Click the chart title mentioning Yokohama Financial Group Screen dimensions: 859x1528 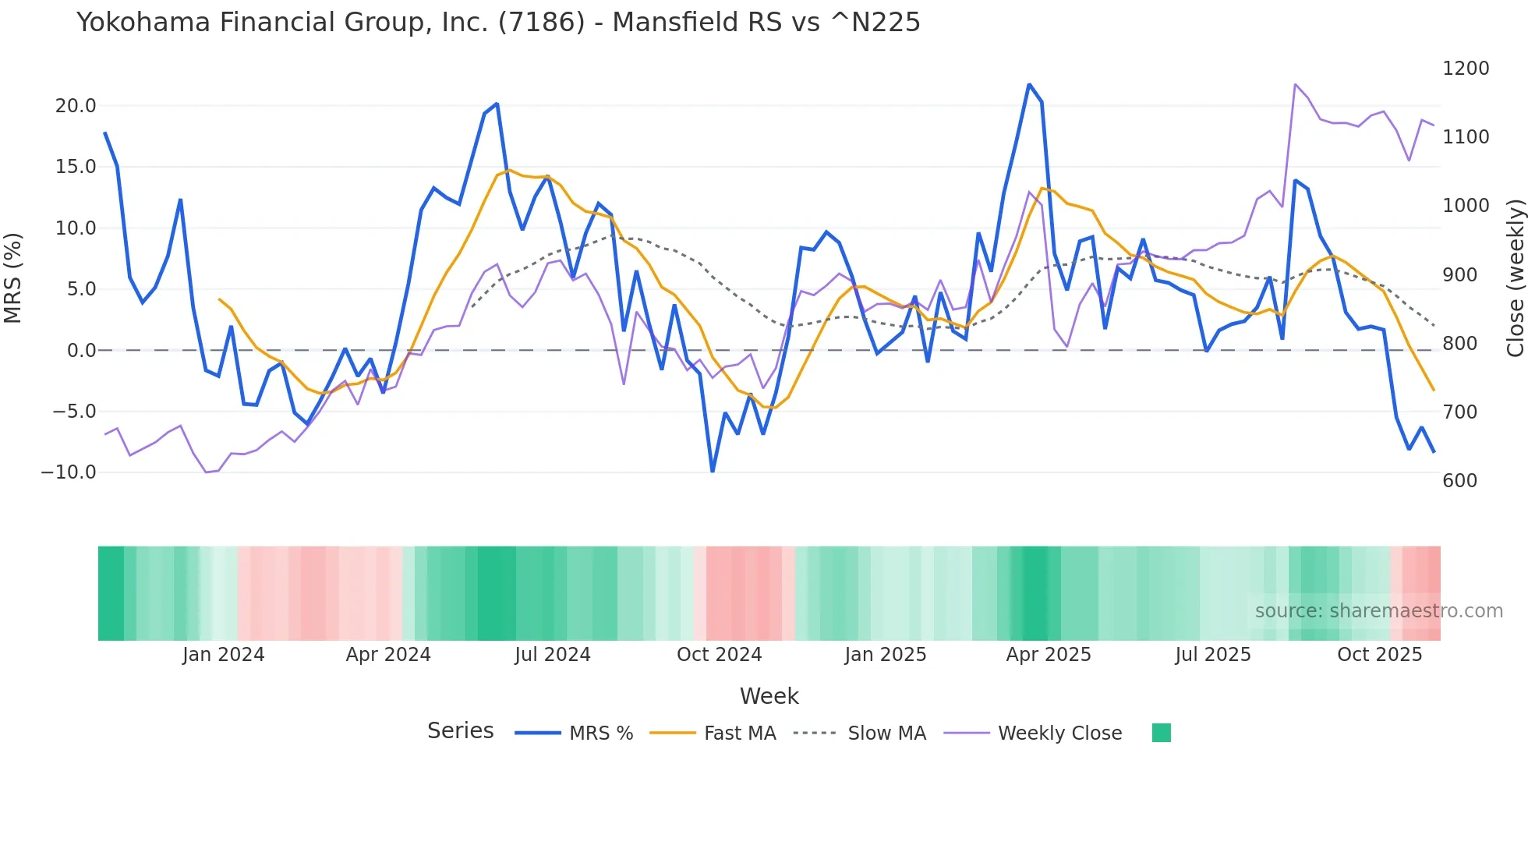(x=498, y=23)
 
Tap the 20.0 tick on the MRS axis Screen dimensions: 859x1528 (x=76, y=106)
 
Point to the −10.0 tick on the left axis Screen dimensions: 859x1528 (x=69, y=472)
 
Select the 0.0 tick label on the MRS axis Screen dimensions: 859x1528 (x=81, y=351)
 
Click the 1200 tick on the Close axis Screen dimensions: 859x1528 (x=1466, y=69)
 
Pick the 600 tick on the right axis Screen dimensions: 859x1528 (x=1460, y=481)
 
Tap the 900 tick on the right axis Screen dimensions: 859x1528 (x=1460, y=275)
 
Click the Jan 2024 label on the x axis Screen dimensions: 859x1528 (x=224, y=655)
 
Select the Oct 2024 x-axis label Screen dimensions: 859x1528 (x=719, y=655)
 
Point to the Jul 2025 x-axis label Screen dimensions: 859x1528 (x=1213, y=655)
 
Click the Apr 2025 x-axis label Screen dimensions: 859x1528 (x=1049, y=655)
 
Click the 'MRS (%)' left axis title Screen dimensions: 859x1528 (x=13, y=277)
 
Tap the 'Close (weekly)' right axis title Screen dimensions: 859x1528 (x=1515, y=277)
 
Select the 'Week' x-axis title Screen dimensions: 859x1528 (x=769, y=696)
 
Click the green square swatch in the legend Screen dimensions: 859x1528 (x=1162, y=733)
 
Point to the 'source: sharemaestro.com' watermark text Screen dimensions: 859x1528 (x=1378, y=611)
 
